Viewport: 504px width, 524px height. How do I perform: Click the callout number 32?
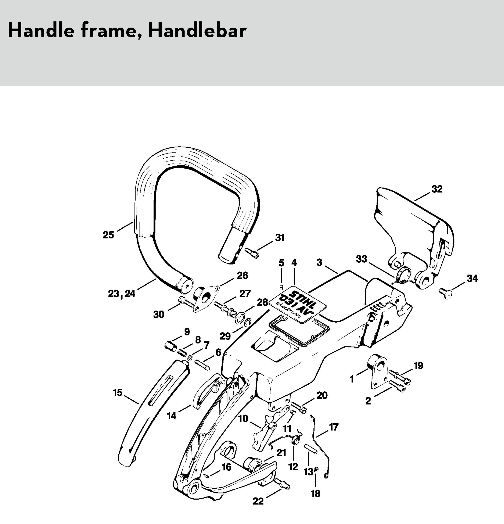437,189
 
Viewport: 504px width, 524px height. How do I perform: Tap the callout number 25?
108,235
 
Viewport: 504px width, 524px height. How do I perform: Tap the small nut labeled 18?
316,476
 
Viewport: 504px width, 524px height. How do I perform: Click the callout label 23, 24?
122,294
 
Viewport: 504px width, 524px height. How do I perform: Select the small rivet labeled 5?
281,287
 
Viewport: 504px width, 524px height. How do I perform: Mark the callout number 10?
243,418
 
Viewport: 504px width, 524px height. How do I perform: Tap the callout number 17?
334,427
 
